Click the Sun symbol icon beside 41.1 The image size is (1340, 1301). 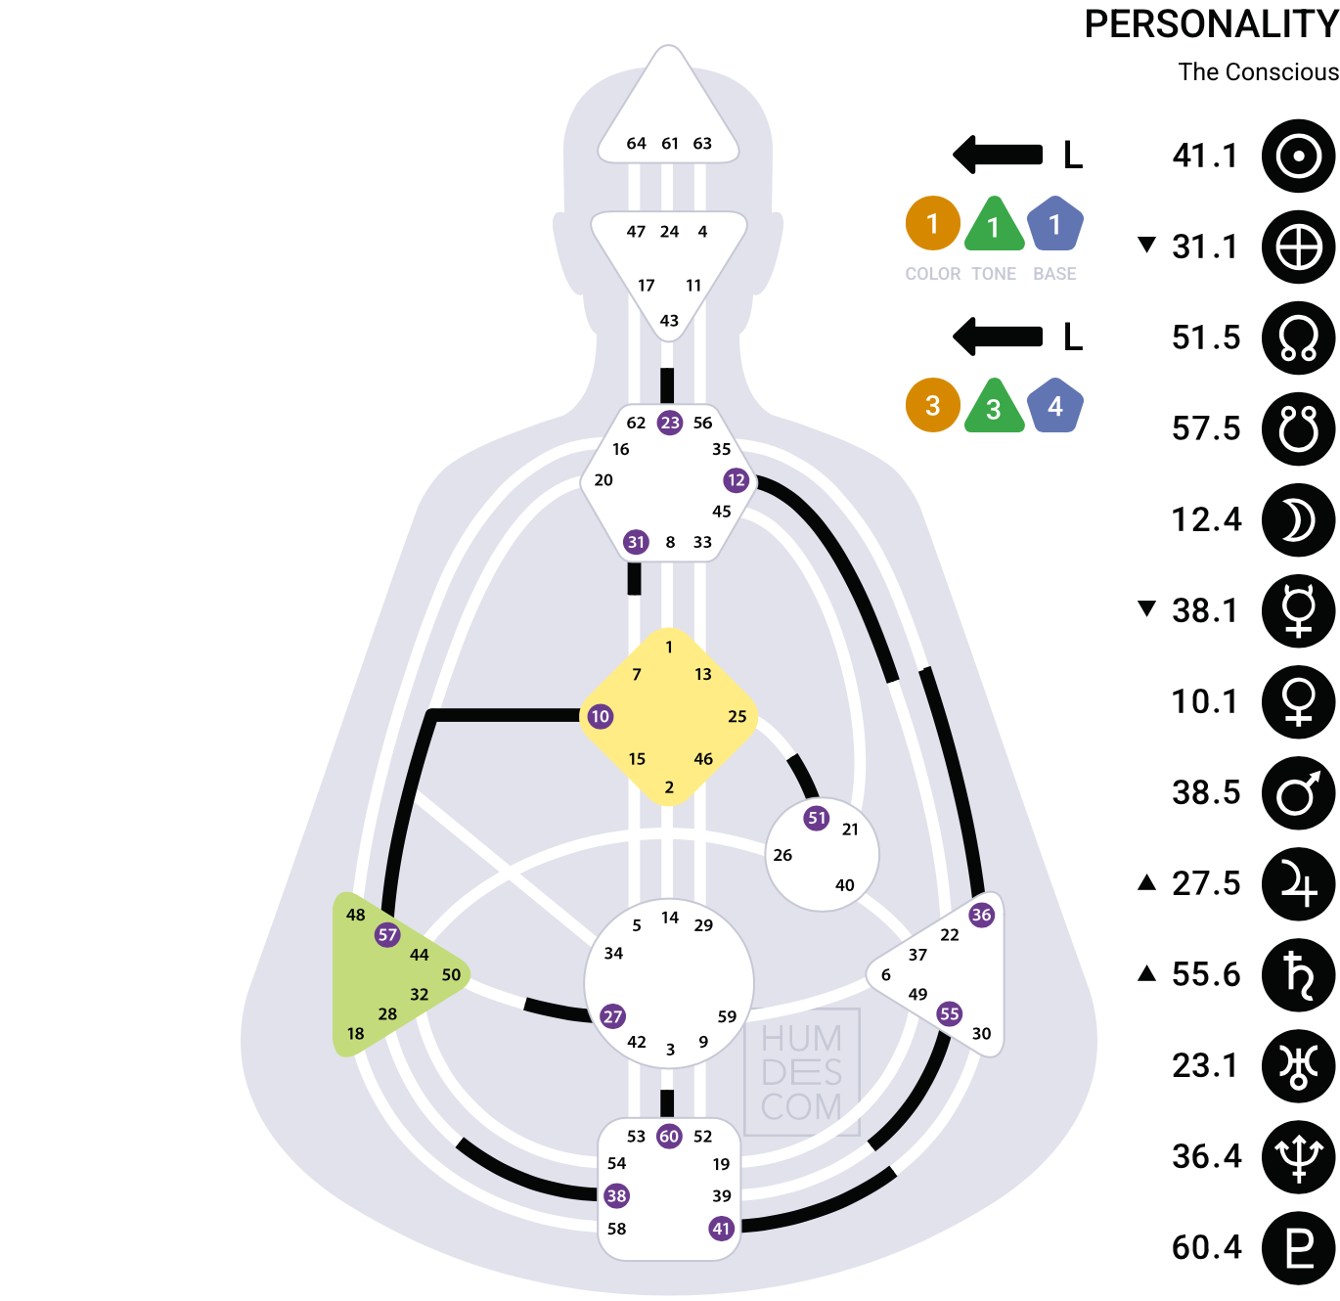pyautogui.click(x=1298, y=156)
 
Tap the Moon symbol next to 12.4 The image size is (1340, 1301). pyautogui.click(x=1298, y=520)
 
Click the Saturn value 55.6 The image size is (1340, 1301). pyautogui.click(x=1206, y=974)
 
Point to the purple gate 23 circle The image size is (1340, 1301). pyautogui.click(x=669, y=423)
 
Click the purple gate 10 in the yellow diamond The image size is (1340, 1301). pyautogui.click(x=600, y=716)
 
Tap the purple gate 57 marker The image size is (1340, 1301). pyautogui.click(x=387, y=934)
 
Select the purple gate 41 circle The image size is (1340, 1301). pyautogui.click(x=721, y=1228)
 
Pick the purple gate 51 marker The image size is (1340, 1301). pyautogui.click(x=816, y=818)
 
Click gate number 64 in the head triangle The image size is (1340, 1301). pyautogui.click(x=636, y=143)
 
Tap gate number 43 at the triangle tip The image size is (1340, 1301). pyautogui.click(x=669, y=320)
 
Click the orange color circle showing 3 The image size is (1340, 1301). pyautogui.click(x=932, y=406)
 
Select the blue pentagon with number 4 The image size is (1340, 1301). pyautogui.click(x=1055, y=406)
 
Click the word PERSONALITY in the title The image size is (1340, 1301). pyautogui.click(x=1211, y=24)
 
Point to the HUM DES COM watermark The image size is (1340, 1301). pyautogui.click(x=801, y=1072)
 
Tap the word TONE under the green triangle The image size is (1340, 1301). pyautogui.click(x=993, y=274)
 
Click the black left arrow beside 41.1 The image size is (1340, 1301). pyautogui.click(x=997, y=155)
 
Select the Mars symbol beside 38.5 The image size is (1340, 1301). pyautogui.click(x=1298, y=792)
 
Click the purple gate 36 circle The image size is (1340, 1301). pyautogui.click(x=981, y=915)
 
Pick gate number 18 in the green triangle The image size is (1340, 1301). pyautogui.click(x=355, y=1033)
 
